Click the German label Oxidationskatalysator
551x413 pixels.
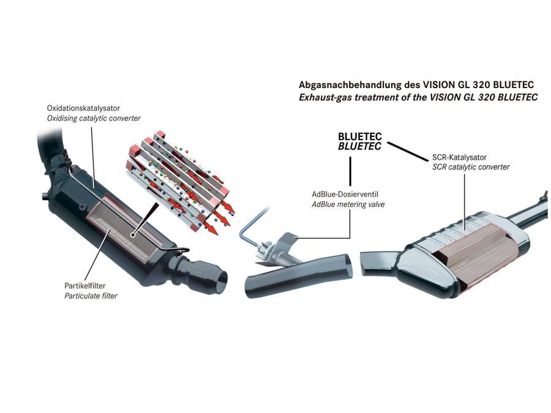[83, 108]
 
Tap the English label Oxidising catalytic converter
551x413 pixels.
[94, 118]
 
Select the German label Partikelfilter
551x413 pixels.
[84, 286]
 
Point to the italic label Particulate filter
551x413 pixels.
[91, 296]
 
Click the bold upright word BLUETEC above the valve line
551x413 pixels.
[360, 136]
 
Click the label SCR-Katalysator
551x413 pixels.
[459, 157]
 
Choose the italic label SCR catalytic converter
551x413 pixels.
[471, 167]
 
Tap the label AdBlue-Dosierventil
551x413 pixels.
[345, 194]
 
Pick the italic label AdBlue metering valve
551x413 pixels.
[348, 204]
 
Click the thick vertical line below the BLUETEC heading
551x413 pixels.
[350, 171]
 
